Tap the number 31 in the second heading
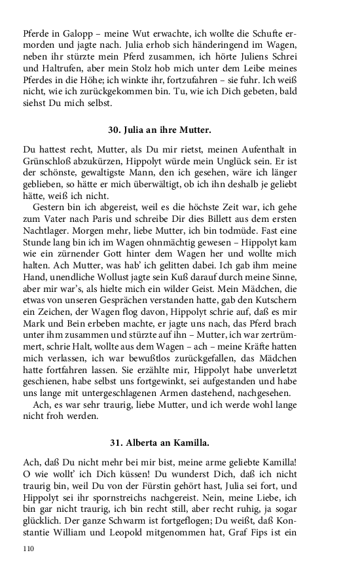pyautogui.click(x=112, y=442)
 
